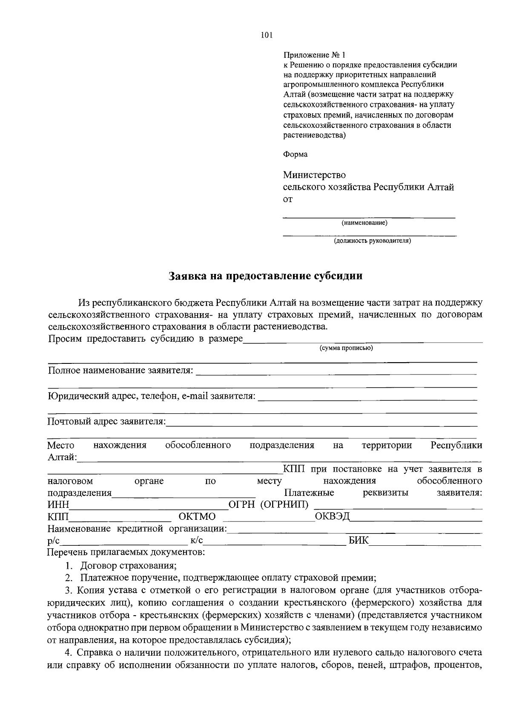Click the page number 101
point(266,35)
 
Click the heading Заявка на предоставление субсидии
point(266,276)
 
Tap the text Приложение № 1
point(315,55)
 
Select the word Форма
point(295,154)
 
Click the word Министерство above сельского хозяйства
point(314,175)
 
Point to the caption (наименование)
point(364,223)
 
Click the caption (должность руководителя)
point(372,241)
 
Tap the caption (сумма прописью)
point(346,348)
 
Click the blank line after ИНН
point(149,506)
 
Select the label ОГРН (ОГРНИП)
point(269,505)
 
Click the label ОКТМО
point(197,517)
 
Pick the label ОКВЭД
point(332,517)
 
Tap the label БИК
point(359,541)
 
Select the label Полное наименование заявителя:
point(121,371)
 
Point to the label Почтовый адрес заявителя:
point(107,422)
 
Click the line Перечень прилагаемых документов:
point(126,553)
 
